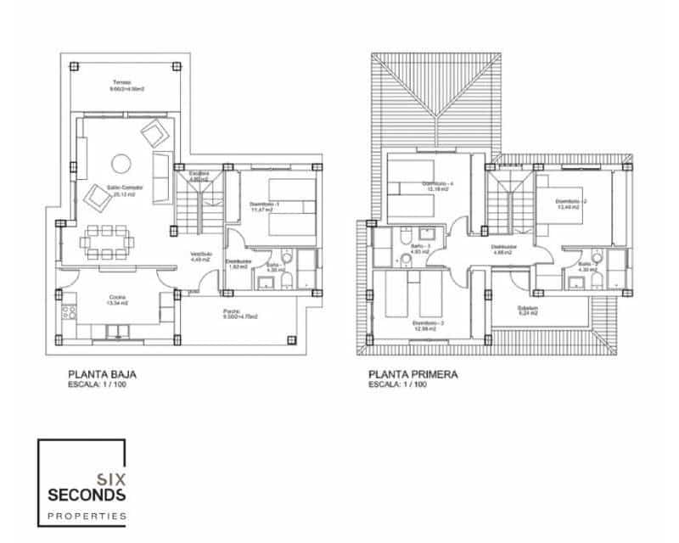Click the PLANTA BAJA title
point(102,373)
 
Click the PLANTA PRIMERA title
point(413,373)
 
